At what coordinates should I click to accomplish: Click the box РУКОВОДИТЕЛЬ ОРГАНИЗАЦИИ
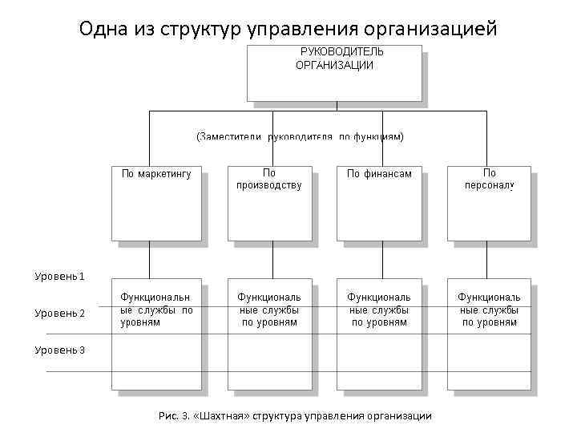click(x=333, y=72)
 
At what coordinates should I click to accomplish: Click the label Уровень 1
click(x=59, y=277)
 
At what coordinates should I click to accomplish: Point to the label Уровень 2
click(x=59, y=314)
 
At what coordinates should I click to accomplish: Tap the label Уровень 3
click(x=59, y=350)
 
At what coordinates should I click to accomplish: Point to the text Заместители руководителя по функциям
click(x=300, y=137)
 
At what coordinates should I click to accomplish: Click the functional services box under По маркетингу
click(x=155, y=337)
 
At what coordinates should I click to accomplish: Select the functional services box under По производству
click(x=268, y=337)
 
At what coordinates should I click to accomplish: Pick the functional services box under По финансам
click(x=379, y=337)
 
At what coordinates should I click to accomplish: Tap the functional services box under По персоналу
click(x=489, y=337)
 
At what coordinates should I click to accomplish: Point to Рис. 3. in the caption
click(x=172, y=415)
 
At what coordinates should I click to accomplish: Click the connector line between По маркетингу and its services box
click(x=149, y=261)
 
